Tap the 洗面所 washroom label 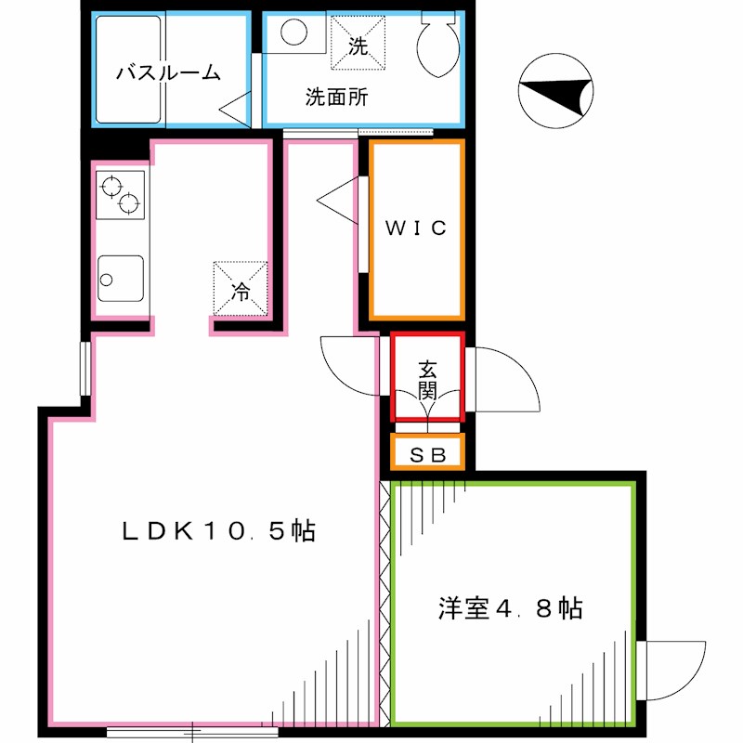(x=336, y=98)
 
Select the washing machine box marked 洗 (x=358, y=44)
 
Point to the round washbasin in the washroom (x=293, y=33)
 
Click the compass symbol (x=554, y=91)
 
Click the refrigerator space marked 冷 (x=241, y=289)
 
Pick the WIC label (x=417, y=228)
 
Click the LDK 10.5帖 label (x=219, y=531)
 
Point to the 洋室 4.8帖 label (x=510, y=609)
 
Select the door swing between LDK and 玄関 (x=351, y=365)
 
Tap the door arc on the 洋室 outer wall (x=673, y=671)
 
